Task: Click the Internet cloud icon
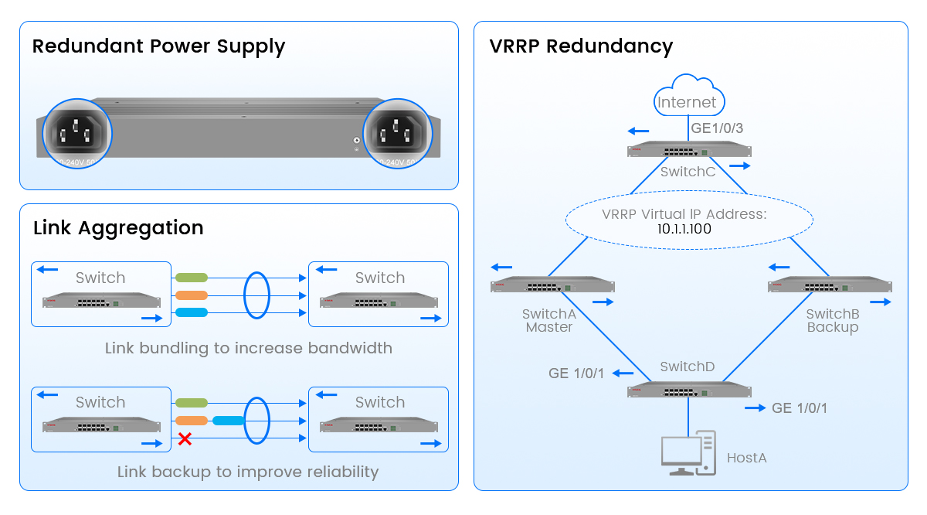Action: [687, 96]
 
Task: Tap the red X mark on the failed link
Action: [185, 439]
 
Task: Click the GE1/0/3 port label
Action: [717, 128]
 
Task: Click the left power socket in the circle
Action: [77, 132]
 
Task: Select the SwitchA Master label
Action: [548, 321]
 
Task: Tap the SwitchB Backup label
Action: [832, 321]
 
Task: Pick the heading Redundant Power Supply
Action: [158, 46]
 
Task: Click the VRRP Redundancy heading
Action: [581, 46]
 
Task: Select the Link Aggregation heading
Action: [118, 228]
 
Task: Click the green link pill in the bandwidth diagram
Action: [192, 277]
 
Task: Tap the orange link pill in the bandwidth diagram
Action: [192, 295]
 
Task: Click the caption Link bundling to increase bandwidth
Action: [248, 348]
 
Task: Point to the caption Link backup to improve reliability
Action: [248, 472]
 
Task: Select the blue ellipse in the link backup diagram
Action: [256, 420]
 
